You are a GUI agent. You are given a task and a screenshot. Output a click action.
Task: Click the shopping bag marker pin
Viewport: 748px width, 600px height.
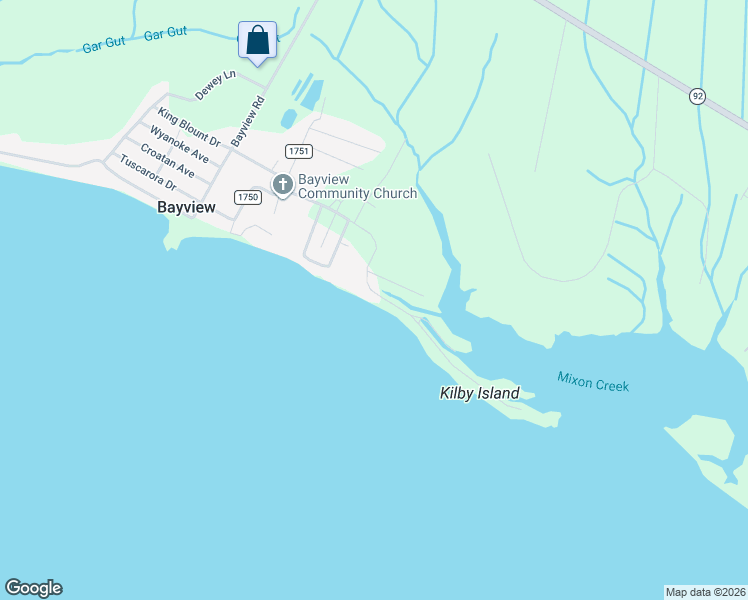258,42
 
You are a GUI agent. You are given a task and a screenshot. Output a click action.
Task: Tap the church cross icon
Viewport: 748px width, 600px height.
283,184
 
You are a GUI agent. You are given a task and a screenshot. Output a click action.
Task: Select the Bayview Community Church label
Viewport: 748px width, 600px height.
357,186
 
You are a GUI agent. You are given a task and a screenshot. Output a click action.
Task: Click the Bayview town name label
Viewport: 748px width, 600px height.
186,209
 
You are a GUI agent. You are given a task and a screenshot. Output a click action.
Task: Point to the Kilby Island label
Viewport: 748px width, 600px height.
480,393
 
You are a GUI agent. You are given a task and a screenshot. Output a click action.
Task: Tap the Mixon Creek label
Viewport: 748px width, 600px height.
593,382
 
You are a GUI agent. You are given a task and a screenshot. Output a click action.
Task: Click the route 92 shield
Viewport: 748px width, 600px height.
697,96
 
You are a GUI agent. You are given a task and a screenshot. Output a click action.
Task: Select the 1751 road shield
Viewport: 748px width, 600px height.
299,151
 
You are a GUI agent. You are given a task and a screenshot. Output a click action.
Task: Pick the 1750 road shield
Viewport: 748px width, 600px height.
248,197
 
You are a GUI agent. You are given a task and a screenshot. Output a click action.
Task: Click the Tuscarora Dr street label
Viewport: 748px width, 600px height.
147,173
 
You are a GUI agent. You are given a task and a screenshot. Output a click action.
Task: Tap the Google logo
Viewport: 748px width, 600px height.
33,588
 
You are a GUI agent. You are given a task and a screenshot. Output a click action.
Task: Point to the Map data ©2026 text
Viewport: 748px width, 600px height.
705,591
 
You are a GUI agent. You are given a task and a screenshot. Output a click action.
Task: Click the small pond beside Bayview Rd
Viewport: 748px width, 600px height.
288,119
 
